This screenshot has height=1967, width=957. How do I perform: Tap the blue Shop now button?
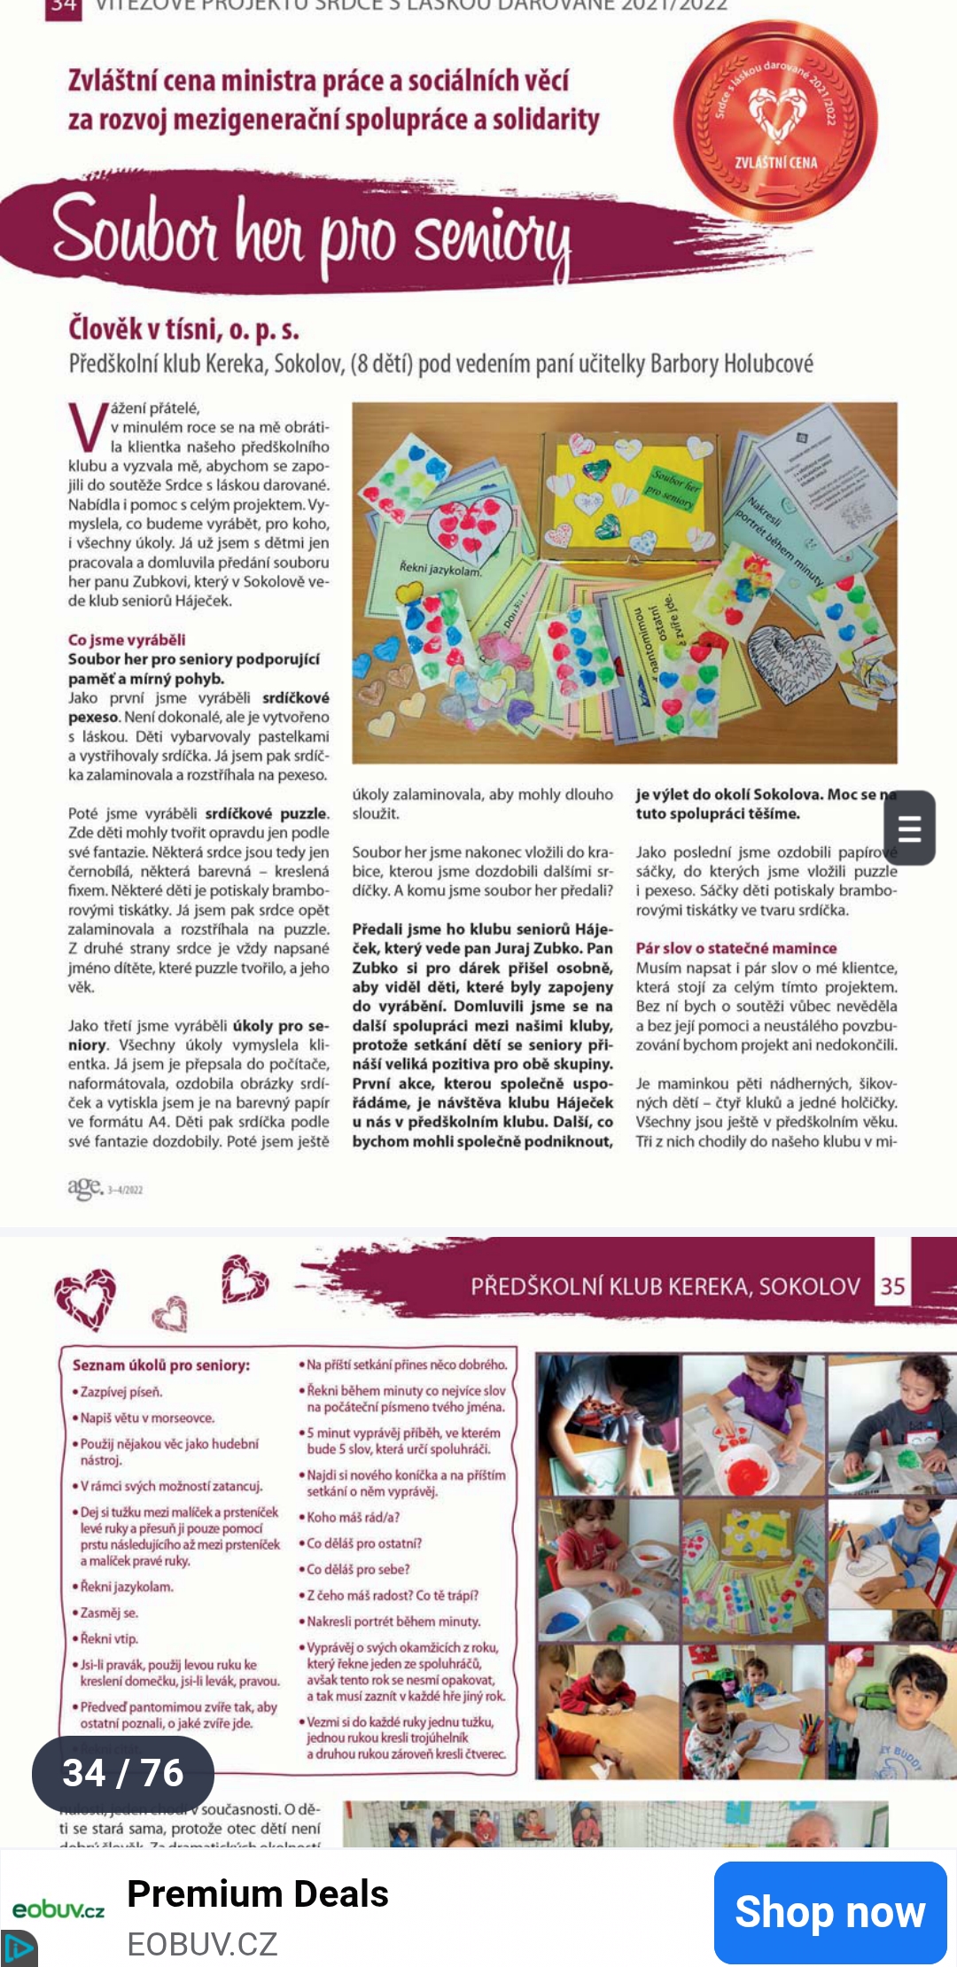coord(829,1912)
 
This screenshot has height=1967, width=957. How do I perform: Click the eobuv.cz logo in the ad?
coord(58,1910)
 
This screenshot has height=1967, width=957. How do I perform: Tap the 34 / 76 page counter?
coord(123,1773)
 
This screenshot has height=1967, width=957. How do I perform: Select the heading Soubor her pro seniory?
coord(310,232)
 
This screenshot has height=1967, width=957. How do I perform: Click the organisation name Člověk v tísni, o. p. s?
coord(183,330)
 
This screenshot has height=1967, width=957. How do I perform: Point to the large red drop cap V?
coord(87,427)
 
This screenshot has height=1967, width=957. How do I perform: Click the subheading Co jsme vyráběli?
coord(127,640)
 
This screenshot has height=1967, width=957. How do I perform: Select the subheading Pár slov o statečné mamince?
coord(735,948)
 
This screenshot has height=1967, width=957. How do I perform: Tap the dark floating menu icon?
coord(909,828)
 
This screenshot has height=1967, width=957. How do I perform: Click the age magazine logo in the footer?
coord(87,1187)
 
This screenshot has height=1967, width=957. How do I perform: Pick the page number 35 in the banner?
coord(892,1287)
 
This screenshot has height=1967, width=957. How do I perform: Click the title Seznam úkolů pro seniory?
coord(161,1365)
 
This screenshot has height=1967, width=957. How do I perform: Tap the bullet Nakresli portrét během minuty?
coord(393,1621)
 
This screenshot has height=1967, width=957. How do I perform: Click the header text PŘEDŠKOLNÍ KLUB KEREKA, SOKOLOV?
coord(665,1287)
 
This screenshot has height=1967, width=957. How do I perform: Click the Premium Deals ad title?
coord(258,1893)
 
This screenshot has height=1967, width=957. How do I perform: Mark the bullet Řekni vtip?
coord(108,1639)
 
